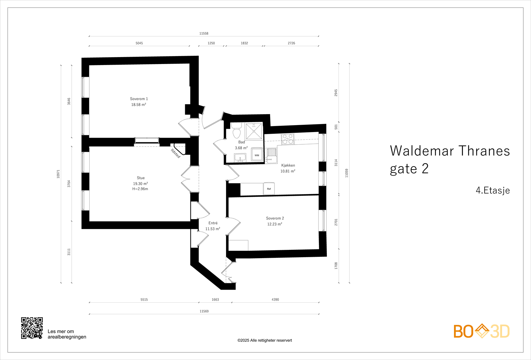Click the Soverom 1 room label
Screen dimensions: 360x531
[x=139, y=99]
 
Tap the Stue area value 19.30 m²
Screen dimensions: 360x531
[x=140, y=183]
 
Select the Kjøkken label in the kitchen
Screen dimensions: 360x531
[x=288, y=165]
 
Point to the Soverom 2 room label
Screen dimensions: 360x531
[x=275, y=218]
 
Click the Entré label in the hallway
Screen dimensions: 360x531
[x=213, y=223]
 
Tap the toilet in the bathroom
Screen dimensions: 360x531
[x=236, y=131]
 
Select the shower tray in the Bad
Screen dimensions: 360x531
[x=254, y=131]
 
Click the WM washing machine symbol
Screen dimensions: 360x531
[x=257, y=155]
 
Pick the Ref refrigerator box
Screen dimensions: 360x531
[x=269, y=189]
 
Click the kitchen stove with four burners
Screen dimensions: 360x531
[x=287, y=139]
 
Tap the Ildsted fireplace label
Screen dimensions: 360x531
[x=176, y=153]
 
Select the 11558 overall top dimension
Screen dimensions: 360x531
[x=204, y=34]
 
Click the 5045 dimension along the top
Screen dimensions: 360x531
[x=139, y=43]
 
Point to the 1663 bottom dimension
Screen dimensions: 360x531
[x=215, y=300]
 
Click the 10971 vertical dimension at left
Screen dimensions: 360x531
[x=58, y=174]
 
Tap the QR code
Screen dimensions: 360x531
[x=32, y=328]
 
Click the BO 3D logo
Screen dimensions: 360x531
[x=481, y=331]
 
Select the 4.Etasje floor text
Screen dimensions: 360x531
[x=493, y=190]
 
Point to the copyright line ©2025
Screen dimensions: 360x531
[x=265, y=340]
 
